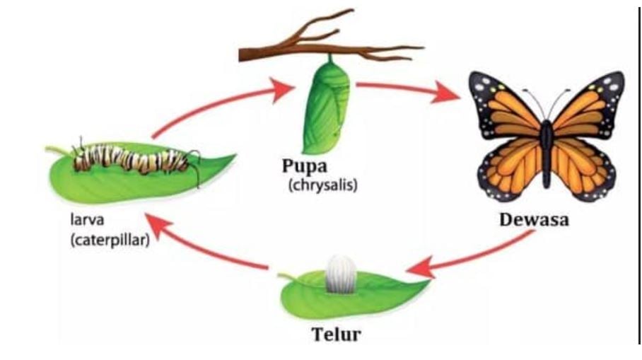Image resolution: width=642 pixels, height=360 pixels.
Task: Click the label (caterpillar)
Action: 110,240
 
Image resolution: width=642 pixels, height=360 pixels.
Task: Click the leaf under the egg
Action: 382,294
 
